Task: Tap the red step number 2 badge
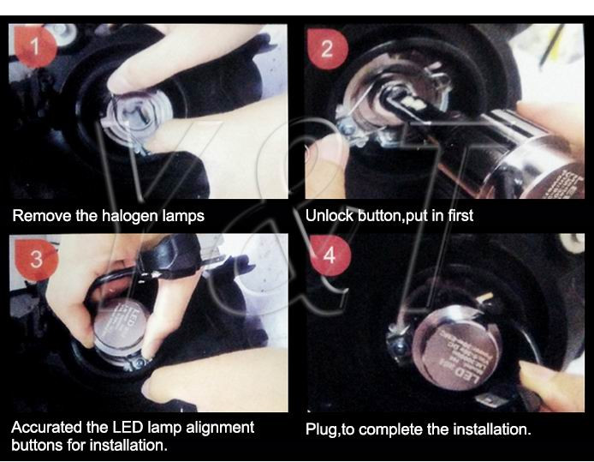[x=327, y=49]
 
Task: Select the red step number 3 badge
[x=35, y=260]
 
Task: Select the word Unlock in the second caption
[x=330, y=216]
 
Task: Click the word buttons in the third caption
[x=39, y=446]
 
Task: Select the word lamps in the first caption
[x=183, y=216]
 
